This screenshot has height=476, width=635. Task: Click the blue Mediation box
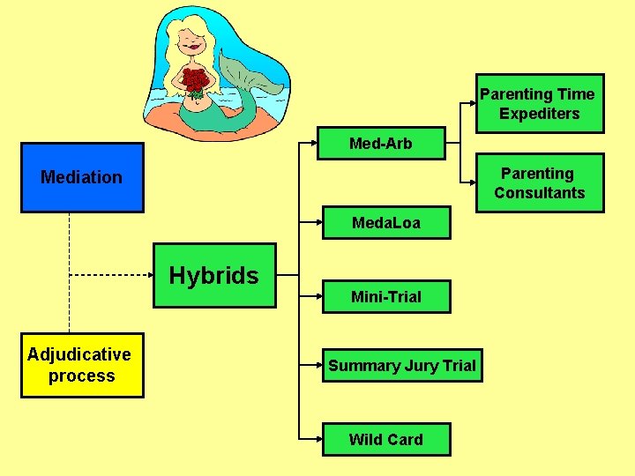(x=82, y=178)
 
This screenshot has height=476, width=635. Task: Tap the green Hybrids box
(x=214, y=276)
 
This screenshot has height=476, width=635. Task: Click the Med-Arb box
(x=381, y=144)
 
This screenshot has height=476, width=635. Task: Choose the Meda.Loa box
(x=386, y=223)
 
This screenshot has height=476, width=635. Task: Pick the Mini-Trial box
(x=386, y=297)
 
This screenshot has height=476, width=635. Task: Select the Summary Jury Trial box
(x=402, y=366)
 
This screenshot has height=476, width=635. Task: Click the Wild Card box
(x=386, y=439)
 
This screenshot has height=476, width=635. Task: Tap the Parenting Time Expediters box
(x=539, y=104)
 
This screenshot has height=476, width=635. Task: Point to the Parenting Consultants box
(x=539, y=183)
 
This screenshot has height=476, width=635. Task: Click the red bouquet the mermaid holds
(x=195, y=82)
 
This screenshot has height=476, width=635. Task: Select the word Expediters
(x=539, y=114)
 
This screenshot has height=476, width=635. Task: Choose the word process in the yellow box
(x=81, y=376)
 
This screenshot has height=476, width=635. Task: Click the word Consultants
(x=539, y=193)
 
